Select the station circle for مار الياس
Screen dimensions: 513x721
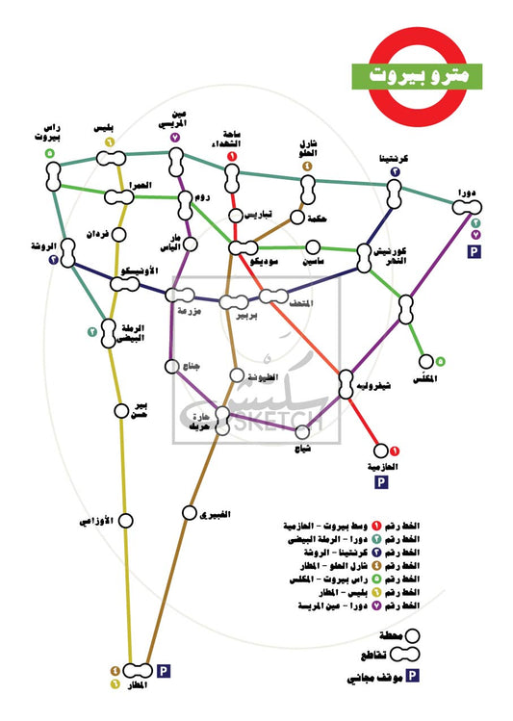190,245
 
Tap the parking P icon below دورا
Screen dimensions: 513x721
474,251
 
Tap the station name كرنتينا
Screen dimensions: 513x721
395,158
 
